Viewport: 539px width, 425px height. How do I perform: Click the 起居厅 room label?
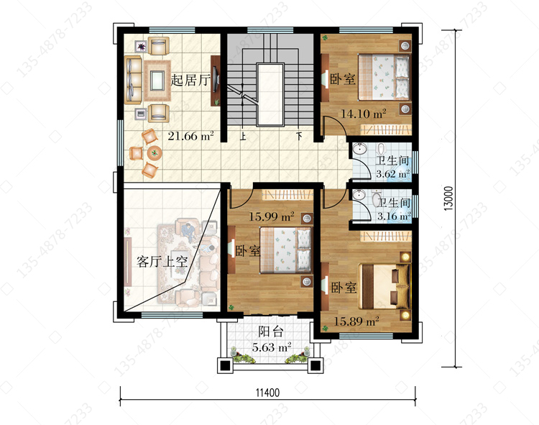coord(190,81)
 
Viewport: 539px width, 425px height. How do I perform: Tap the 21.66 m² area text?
coord(190,136)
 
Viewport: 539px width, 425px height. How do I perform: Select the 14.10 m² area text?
coord(364,114)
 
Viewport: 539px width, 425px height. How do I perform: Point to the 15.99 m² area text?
coord(272,216)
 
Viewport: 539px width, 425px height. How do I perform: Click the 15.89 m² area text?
coord(356,321)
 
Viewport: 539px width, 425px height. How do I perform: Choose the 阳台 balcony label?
coord(271,332)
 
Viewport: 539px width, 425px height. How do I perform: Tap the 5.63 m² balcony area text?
coord(272,347)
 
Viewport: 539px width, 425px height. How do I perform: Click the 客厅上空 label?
coord(162,262)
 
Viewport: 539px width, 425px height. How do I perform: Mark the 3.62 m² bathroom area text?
coord(393,173)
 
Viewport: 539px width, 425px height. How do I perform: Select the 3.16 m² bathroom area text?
coord(394,216)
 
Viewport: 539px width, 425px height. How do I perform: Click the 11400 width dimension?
coord(267,393)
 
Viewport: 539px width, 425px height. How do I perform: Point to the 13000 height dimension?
coord(448,198)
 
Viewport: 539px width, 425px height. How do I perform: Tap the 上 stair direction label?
coord(243,137)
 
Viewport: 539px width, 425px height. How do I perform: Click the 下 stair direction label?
coord(300,136)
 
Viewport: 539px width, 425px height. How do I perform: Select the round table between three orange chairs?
coord(155,152)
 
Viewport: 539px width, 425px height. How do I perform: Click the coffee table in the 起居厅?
coord(157,81)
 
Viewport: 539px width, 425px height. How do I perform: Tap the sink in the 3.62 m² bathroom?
coord(359,149)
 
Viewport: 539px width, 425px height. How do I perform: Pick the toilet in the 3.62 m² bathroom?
coord(381,150)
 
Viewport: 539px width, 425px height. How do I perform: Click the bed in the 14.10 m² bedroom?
coord(384,77)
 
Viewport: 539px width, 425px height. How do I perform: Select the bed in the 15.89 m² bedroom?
coord(384,286)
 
